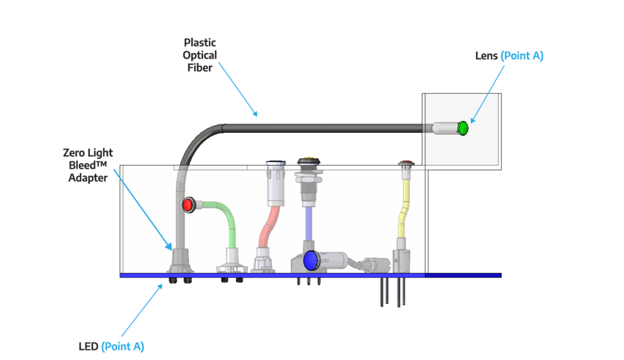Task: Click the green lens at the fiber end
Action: click(x=463, y=128)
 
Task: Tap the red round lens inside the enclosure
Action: click(x=188, y=205)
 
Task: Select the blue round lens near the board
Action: click(x=311, y=260)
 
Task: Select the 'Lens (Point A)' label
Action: click(x=509, y=56)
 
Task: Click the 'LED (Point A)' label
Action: click(x=111, y=347)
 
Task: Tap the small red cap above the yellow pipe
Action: click(x=405, y=163)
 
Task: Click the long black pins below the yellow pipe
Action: click(x=392, y=292)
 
